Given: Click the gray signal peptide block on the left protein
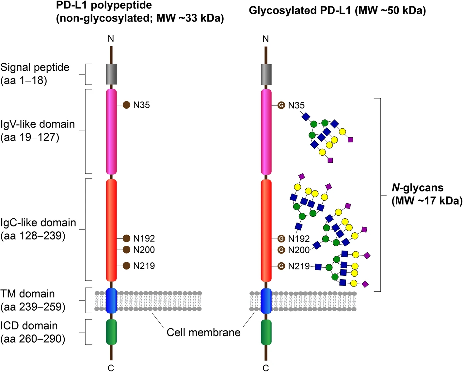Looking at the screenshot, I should pos(111,74).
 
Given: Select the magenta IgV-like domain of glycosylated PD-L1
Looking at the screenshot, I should pos(266,132).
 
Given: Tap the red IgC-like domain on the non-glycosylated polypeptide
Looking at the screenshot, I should pos(111,228).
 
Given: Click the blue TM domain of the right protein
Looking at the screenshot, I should pos(266,301).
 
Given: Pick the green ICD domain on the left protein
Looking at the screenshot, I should pos(111,332).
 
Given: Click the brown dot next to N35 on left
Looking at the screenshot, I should pos(126,105).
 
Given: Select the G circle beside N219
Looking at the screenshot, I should pos(281,266).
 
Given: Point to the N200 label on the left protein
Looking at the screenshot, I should pos(144,250).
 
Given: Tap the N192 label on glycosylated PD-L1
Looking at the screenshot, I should pos(298,239).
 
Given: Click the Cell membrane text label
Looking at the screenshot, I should pos(203,333).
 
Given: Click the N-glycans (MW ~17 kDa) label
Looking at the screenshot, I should pos(426,194).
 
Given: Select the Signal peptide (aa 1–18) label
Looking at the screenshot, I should pos(35,74).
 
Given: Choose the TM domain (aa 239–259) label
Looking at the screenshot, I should pos(33,300).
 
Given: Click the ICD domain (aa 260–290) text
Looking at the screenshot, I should pos(33,332).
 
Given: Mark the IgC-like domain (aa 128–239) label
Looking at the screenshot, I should pos(38,229).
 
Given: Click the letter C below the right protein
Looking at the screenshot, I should pos(266,368).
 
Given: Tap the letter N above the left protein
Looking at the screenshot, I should pos(111,39).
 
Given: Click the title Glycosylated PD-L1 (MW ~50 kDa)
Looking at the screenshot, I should pos(337,11).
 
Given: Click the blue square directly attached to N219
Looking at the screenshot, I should pos(318,267).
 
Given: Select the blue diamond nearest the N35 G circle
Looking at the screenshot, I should pos(306,116).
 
